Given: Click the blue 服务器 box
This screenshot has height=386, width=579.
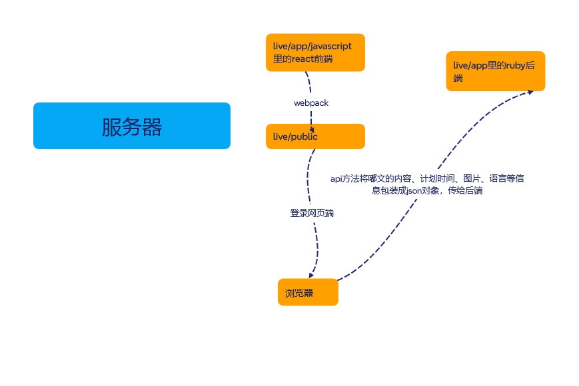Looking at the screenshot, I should point(131,126).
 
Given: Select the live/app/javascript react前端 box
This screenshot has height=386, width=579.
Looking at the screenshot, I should point(314,53).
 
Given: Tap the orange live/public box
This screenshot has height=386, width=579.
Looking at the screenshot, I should point(314,136).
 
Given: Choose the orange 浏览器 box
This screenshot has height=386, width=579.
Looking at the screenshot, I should point(308,293).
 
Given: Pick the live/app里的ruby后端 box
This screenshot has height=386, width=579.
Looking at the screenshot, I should point(495,71).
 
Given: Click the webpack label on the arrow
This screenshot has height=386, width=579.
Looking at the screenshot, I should point(311,103).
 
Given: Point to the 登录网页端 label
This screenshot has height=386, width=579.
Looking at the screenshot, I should point(312,214).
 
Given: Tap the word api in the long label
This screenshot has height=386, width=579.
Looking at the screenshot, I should point(336,178).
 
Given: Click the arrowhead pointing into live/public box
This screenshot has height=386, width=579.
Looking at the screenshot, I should point(312,130).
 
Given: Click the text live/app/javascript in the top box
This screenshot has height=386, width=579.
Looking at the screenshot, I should point(312,46).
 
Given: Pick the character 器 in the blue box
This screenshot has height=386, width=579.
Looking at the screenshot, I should point(152,126).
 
